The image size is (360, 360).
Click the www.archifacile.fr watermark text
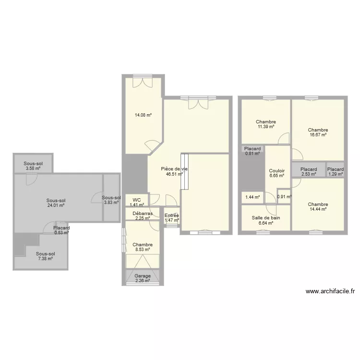pos(330,291)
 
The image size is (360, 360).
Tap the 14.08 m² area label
pos(143,115)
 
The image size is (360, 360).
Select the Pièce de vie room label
pos(174,169)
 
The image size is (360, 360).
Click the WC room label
pos(137,200)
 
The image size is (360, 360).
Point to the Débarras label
pos(143,214)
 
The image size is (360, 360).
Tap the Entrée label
pos(172,216)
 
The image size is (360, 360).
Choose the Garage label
pos(143,276)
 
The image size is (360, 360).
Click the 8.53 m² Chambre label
pos(143,247)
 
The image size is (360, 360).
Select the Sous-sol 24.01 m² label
pos(56,203)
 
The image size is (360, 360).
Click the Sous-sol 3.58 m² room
pos(33,166)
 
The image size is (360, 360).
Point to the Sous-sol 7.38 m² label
pos(46,256)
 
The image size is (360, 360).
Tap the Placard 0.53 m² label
pos(61,230)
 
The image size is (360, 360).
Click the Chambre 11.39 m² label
pos(266,124)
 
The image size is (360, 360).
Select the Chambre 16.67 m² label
pos(318,132)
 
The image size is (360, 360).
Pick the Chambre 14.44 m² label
pos(318,206)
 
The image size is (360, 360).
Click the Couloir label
pos(276,171)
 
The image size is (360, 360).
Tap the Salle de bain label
pos(266,217)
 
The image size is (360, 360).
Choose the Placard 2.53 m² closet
pos(309,172)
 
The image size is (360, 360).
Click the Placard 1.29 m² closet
pos(336,172)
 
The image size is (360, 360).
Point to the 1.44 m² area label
pos(252,197)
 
